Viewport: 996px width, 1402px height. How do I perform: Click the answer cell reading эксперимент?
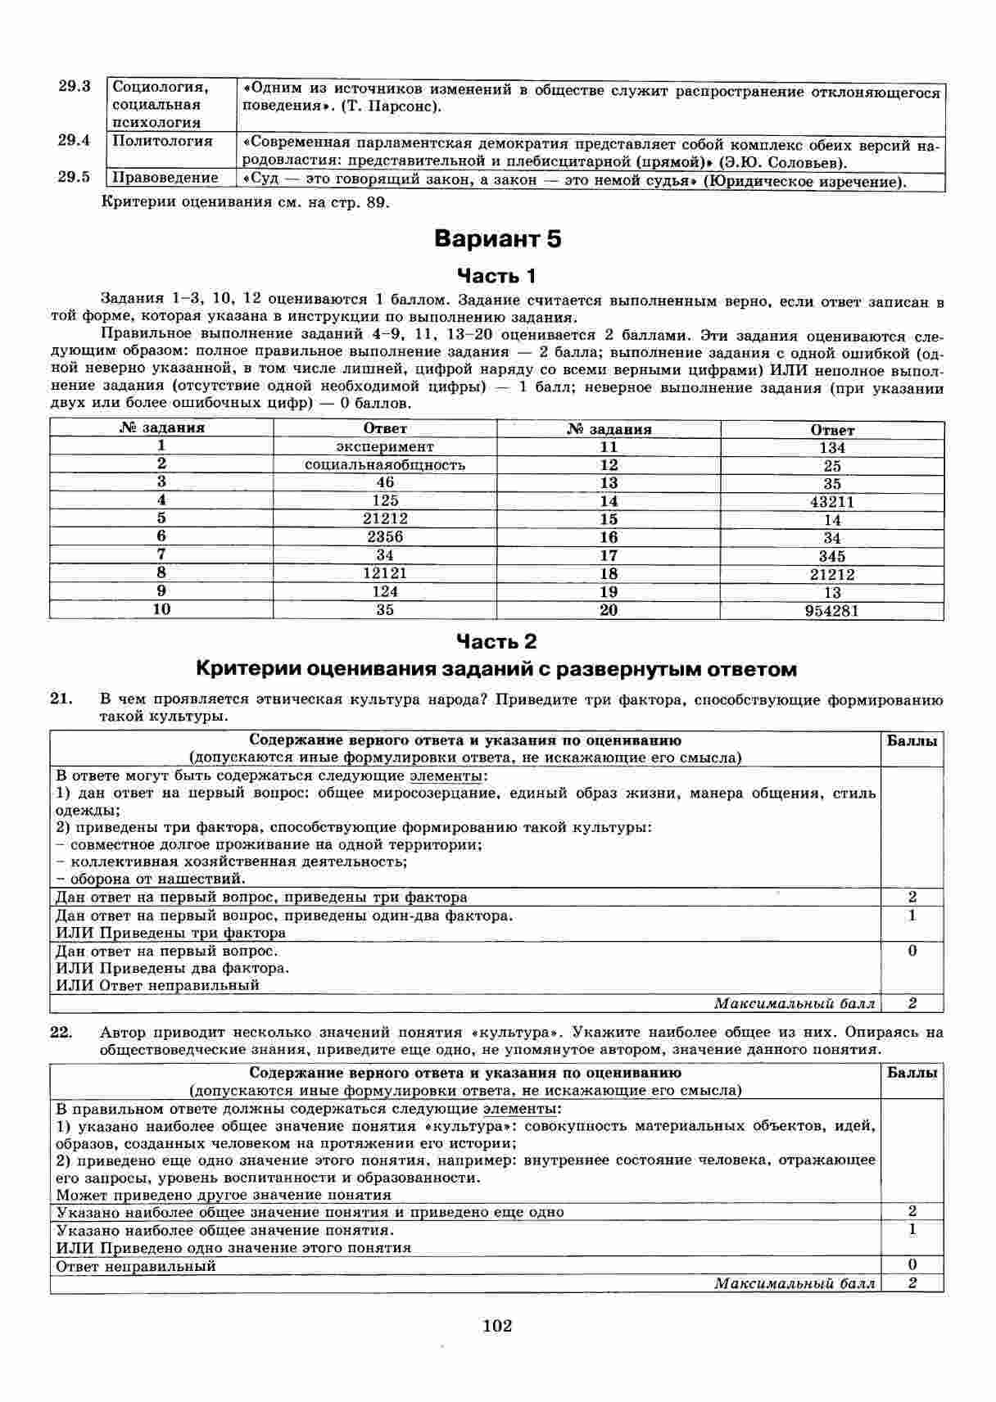click(385, 446)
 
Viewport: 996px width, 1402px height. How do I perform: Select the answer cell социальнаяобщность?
click(385, 464)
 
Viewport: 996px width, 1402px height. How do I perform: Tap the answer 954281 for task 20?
click(832, 611)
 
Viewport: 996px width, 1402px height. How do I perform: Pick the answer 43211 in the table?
click(832, 502)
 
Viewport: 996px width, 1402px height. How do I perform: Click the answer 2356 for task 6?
click(385, 537)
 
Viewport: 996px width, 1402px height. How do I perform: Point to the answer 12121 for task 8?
click(385, 573)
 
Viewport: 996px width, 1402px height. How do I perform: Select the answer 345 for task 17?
click(832, 556)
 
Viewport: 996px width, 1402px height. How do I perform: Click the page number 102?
click(497, 1325)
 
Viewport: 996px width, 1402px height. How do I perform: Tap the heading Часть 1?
click(496, 275)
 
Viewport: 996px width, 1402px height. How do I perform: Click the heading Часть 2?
click(496, 640)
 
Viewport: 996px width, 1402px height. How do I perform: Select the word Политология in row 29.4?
click(162, 141)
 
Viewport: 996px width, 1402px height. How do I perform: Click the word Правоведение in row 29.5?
click(165, 178)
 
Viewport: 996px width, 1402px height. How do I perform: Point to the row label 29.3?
click(74, 86)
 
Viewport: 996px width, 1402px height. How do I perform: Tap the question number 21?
click(61, 700)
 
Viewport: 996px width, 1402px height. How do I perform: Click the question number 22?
click(61, 1033)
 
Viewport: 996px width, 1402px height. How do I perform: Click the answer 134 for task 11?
click(832, 448)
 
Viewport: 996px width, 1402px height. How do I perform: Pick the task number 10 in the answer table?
click(162, 609)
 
